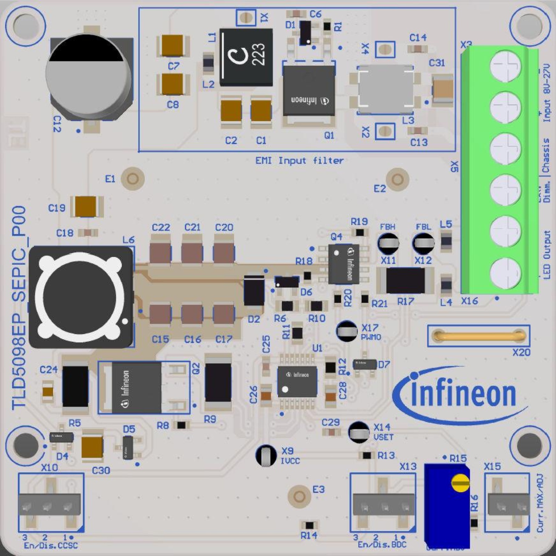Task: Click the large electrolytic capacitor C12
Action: coord(89,75)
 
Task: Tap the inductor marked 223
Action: coord(246,57)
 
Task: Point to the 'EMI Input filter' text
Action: coord(299,161)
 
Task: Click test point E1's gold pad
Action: coord(133,179)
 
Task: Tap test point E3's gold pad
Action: coord(299,496)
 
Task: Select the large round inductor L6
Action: coord(81,297)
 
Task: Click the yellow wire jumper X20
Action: coord(479,336)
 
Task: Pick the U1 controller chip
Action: coord(297,381)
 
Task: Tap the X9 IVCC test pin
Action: coord(266,456)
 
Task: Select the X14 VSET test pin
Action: coord(359,432)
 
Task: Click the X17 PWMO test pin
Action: coord(347,331)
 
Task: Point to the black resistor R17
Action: coord(405,280)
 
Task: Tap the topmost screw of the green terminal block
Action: coord(506,66)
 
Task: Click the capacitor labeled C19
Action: coord(86,206)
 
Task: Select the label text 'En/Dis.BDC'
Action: coord(382,544)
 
